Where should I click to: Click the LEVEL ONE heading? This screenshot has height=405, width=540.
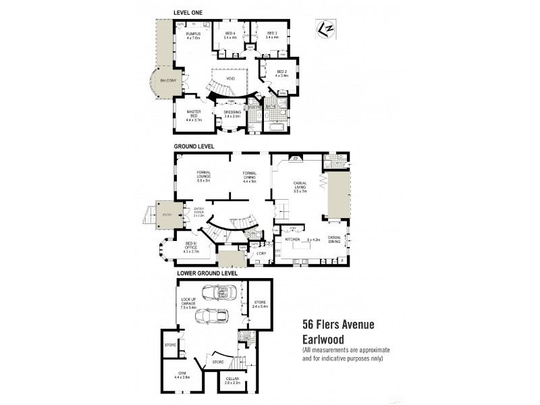coord(188,13)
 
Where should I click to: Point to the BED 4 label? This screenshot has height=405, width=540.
coord(230,35)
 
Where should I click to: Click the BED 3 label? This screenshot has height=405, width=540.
coord(271,35)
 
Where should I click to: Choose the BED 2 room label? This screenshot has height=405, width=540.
coord(281,73)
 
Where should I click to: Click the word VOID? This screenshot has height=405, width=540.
coord(230,78)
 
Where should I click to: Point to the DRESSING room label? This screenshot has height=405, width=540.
coord(233,114)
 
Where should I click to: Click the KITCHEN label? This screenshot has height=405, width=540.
coord(292,239)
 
